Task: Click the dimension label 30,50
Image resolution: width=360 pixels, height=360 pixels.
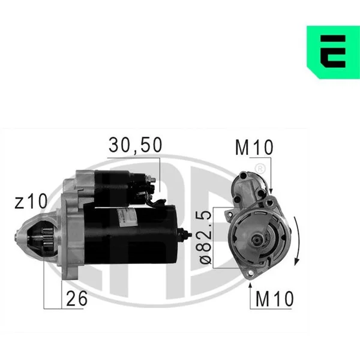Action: click(x=136, y=145)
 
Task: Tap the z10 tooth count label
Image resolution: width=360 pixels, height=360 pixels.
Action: click(x=31, y=201)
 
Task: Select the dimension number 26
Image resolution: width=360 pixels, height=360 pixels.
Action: click(x=77, y=298)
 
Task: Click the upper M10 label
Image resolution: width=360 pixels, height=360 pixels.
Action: click(x=254, y=147)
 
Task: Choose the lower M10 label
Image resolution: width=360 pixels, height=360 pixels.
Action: click(x=275, y=299)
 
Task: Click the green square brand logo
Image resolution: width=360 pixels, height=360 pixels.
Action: click(x=334, y=52)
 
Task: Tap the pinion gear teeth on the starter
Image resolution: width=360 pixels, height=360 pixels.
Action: click(x=47, y=239)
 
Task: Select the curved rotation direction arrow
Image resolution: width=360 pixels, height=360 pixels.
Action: click(x=297, y=241)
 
